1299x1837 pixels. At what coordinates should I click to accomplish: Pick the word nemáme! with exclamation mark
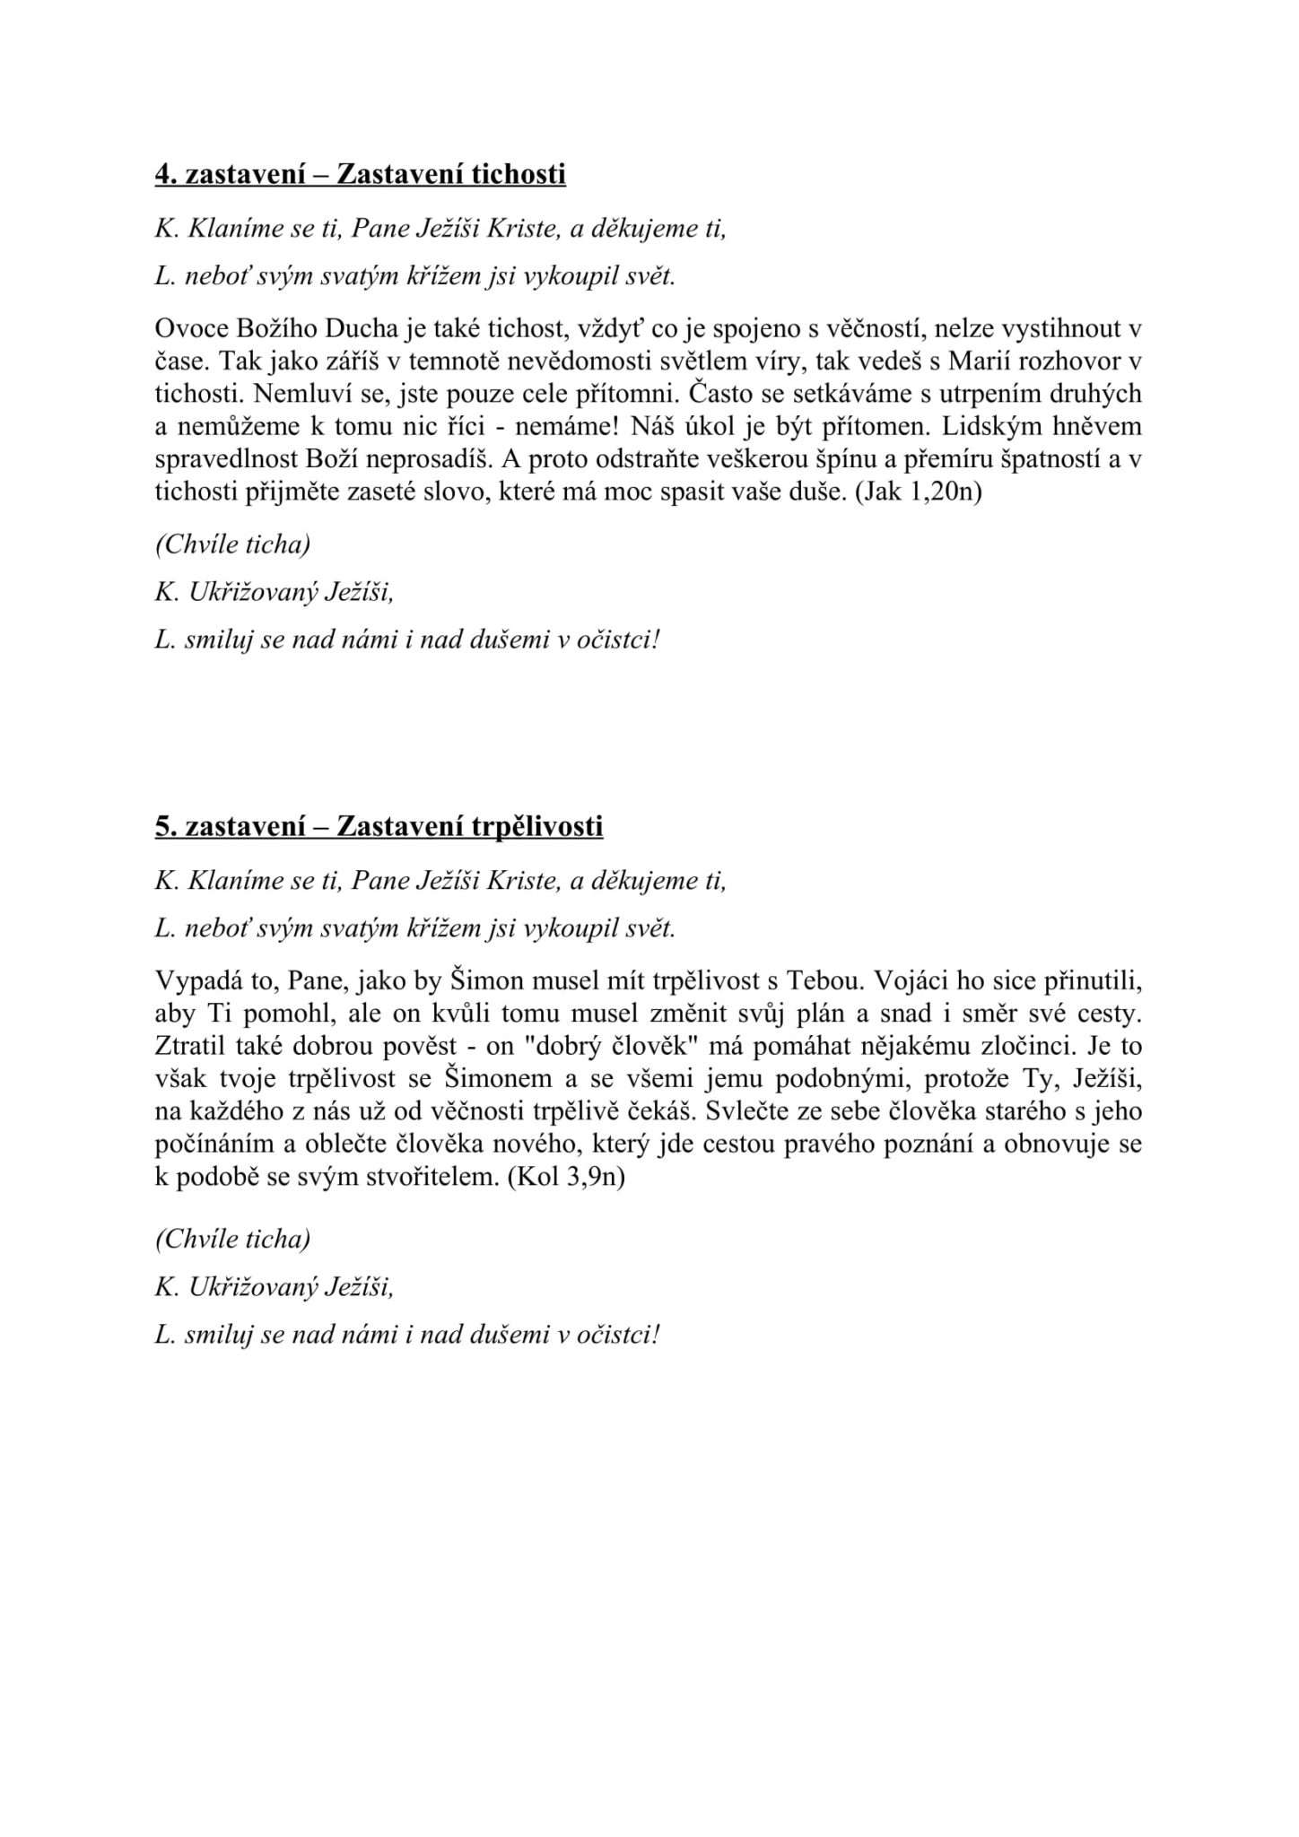point(578,427)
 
